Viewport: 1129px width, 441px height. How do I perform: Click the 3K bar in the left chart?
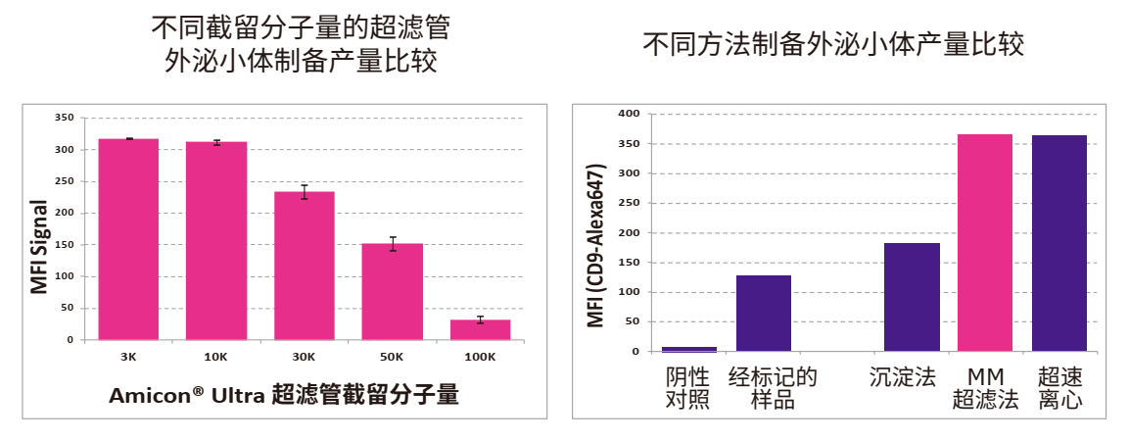[128, 239]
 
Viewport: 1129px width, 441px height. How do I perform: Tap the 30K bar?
[305, 266]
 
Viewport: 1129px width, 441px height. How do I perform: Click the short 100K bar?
[481, 329]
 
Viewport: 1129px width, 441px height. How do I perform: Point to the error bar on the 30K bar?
[305, 191]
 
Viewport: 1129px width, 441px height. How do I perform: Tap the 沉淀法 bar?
[912, 297]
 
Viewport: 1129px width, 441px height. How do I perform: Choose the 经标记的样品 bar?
[764, 313]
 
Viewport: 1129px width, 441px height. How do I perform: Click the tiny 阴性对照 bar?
[689, 349]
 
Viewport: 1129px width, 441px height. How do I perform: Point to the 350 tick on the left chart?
[65, 118]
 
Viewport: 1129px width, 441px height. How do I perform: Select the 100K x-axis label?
[480, 357]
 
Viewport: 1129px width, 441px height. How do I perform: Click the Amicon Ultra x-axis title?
[284, 396]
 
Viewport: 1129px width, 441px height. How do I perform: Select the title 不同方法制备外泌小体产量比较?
[833, 45]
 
